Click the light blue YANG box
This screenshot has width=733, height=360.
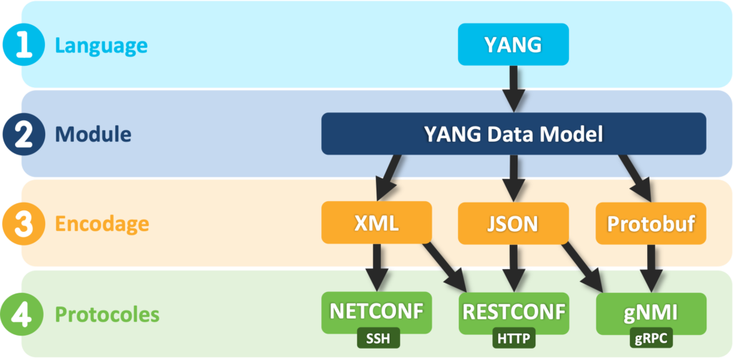513,44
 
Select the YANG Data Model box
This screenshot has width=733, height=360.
513,133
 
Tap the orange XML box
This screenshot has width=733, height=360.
377,223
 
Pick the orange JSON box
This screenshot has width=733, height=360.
513,223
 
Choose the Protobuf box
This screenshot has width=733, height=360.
651,223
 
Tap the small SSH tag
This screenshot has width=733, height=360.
377,337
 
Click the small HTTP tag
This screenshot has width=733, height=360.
513,337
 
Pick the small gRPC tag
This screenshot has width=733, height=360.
651,337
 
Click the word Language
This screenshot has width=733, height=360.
101,46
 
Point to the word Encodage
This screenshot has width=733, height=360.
102,223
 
